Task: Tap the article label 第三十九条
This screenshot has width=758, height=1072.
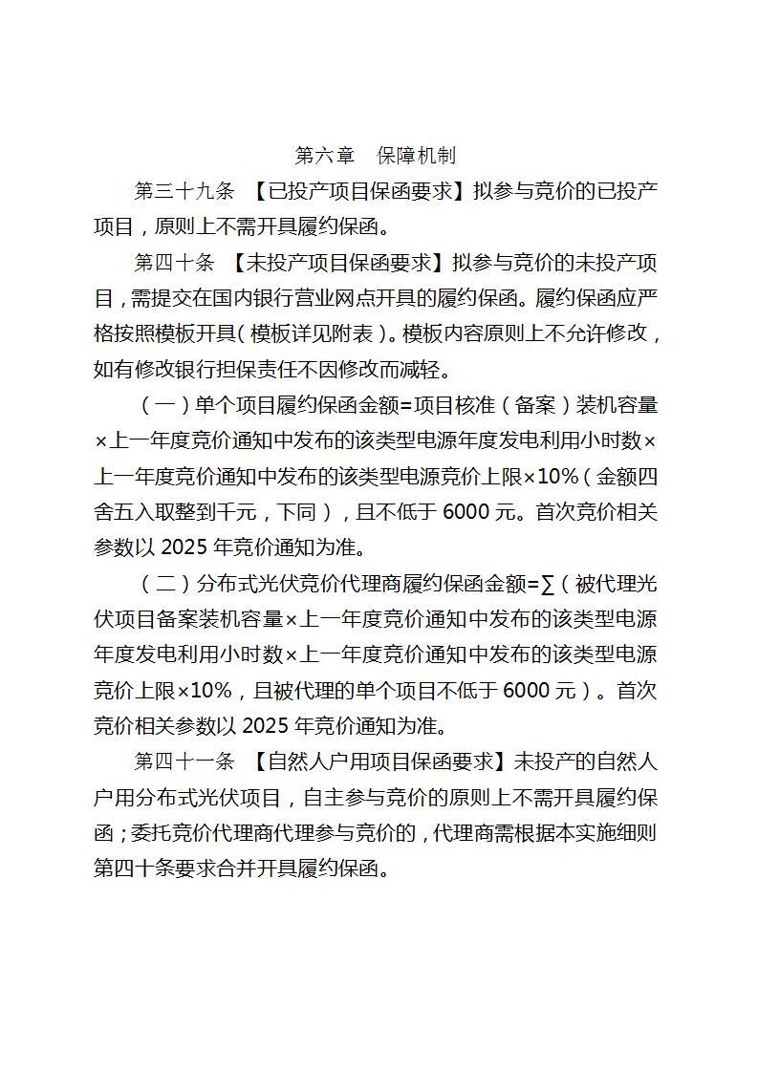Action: click(x=184, y=191)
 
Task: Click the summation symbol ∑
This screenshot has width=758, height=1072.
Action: click(x=548, y=584)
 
